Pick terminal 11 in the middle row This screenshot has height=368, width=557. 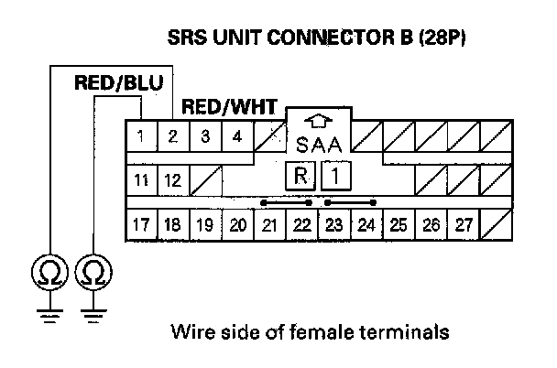(x=140, y=179)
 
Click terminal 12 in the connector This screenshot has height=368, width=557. (x=172, y=179)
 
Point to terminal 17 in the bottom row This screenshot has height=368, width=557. (x=140, y=223)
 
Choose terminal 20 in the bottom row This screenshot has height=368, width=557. (x=236, y=223)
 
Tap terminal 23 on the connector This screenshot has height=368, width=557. (x=333, y=223)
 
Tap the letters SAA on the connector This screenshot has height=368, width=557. (x=318, y=145)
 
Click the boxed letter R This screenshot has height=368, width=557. (x=299, y=174)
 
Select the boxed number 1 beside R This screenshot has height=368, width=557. (x=336, y=174)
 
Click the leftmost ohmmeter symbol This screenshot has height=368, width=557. (x=45, y=272)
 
